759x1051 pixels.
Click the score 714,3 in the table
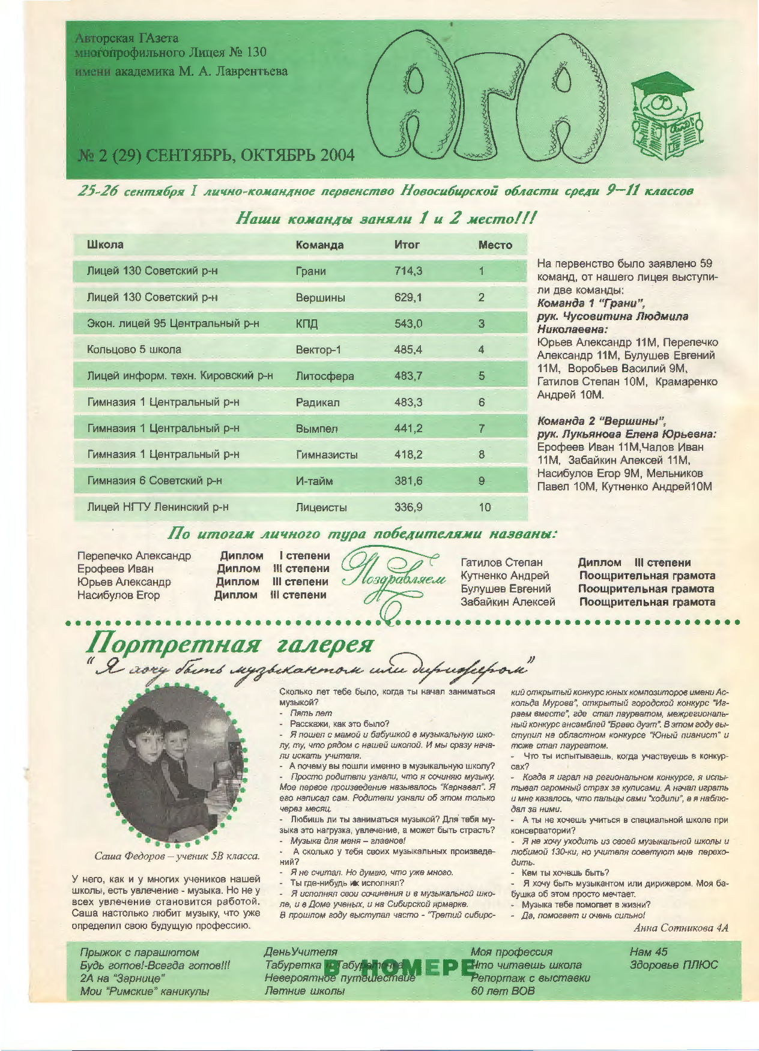[x=408, y=271]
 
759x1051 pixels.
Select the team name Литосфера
[x=324, y=376]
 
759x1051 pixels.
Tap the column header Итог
[x=407, y=245]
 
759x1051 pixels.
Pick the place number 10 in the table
[x=485, y=507]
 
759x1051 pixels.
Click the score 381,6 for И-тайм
[x=408, y=481]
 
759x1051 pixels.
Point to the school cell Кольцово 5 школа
[x=134, y=349]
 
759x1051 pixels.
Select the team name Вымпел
[x=316, y=429]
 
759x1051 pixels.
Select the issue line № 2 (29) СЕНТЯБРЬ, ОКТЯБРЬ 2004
[x=216, y=155]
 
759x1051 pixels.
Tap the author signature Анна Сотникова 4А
[x=680, y=928]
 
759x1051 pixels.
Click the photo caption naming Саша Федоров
[x=177, y=856]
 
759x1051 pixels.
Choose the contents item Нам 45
[x=648, y=952]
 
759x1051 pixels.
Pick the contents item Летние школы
[x=304, y=991]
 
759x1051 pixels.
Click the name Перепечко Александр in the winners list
[x=134, y=556]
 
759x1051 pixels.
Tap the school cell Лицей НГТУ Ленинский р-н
[x=157, y=507]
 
